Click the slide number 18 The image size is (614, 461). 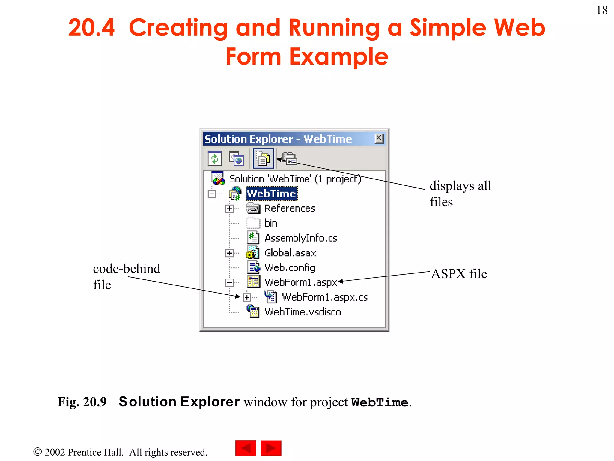click(x=602, y=10)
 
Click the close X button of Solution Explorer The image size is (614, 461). click(x=379, y=138)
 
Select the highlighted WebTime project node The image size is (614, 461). click(x=272, y=194)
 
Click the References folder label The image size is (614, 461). click(x=289, y=209)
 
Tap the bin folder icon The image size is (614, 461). click(x=253, y=223)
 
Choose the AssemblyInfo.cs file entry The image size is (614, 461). click(x=301, y=238)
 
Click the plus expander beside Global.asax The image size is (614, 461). click(x=229, y=253)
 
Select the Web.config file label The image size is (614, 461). click(x=290, y=267)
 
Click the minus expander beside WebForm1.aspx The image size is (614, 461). click(x=229, y=282)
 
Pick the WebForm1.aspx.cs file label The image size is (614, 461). click(x=325, y=297)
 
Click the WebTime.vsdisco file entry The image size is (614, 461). click(x=303, y=312)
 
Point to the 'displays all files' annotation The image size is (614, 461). click(x=460, y=194)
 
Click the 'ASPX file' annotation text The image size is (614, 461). click(x=459, y=274)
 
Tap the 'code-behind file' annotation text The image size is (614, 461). click(x=126, y=276)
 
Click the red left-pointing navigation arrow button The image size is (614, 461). click(x=246, y=448)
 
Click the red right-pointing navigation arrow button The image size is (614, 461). click(x=271, y=448)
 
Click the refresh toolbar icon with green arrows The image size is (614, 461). click(x=215, y=158)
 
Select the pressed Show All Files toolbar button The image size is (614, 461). click(x=263, y=158)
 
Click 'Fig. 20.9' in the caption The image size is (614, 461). click(x=82, y=402)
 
